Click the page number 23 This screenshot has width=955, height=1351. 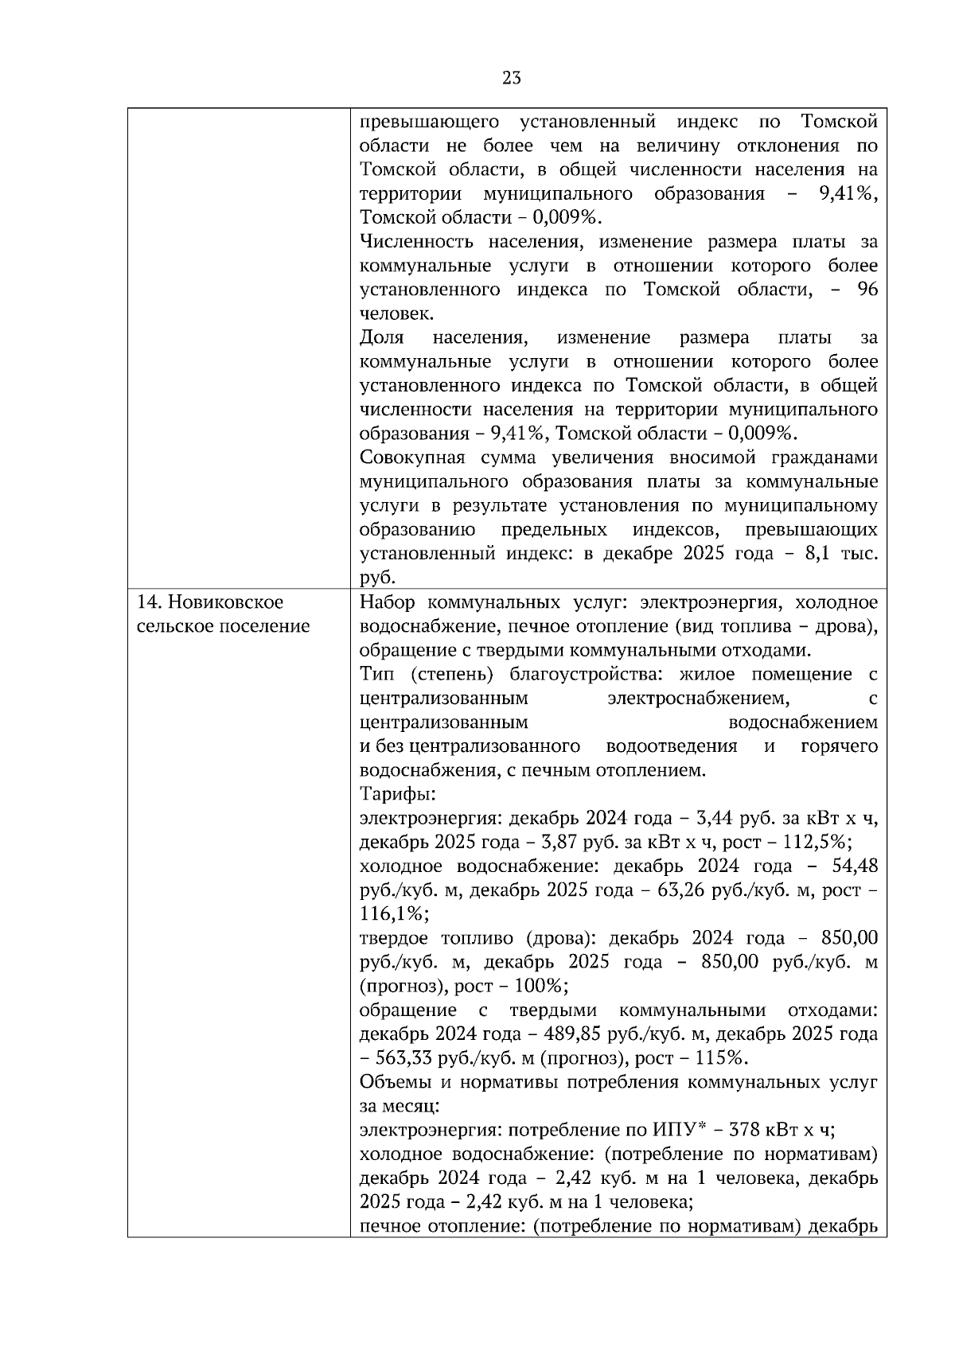[x=512, y=77]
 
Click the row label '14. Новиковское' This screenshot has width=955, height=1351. [x=210, y=602]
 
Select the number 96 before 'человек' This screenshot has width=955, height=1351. [x=867, y=290]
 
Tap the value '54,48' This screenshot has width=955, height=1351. [x=855, y=866]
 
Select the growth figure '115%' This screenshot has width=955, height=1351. [x=724, y=1058]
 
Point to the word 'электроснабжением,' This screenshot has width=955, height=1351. [x=698, y=699]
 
